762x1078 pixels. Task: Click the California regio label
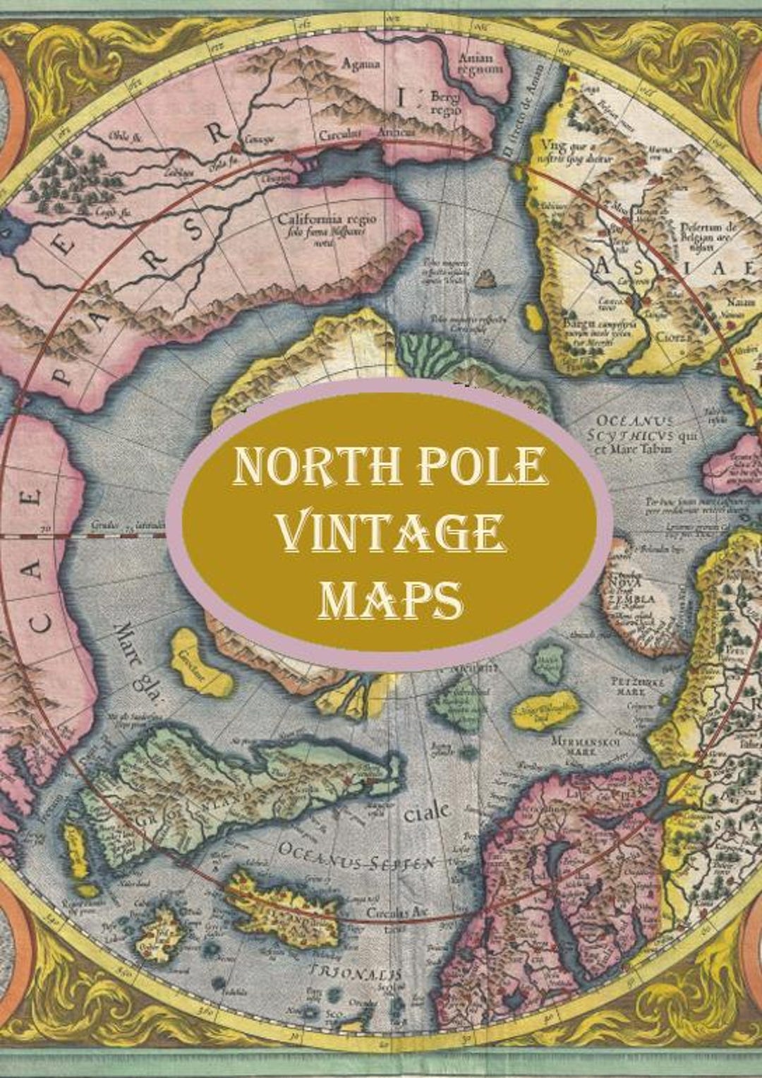tap(327, 220)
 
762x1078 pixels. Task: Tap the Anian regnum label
tap(480, 64)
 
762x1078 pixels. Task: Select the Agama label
tap(361, 64)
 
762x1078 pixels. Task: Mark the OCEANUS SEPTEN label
tap(356, 856)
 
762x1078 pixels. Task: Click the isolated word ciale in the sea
tap(426, 813)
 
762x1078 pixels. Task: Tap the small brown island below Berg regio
tap(484, 280)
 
